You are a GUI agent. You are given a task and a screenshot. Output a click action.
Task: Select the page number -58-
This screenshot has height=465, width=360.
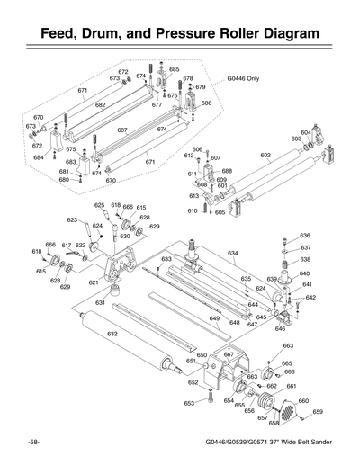point(32,443)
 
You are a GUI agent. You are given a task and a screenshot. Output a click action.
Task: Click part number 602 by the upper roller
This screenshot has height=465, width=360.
point(265,156)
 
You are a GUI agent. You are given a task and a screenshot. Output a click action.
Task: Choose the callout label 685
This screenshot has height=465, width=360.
point(174,69)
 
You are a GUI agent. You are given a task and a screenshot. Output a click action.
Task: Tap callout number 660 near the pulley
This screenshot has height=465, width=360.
point(303,401)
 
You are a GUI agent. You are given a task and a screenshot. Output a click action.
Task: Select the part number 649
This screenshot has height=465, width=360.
point(214,319)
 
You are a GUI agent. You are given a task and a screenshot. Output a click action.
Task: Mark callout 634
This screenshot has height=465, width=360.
point(232,254)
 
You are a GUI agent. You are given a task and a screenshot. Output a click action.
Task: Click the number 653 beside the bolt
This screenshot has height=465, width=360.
point(190,404)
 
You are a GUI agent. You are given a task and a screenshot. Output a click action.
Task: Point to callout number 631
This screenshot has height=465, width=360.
point(101,303)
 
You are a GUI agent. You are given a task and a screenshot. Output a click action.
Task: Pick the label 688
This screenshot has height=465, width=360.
point(227,171)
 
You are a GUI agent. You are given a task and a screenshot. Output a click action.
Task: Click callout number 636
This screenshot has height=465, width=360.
point(305,235)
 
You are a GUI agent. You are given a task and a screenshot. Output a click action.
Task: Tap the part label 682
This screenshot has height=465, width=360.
point(101,105)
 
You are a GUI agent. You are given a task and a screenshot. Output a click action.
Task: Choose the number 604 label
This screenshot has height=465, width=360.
point(306,132)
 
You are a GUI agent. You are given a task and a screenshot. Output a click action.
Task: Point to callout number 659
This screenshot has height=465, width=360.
point(318,412)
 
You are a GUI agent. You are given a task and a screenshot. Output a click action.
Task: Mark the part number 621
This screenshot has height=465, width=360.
point(93,282)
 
